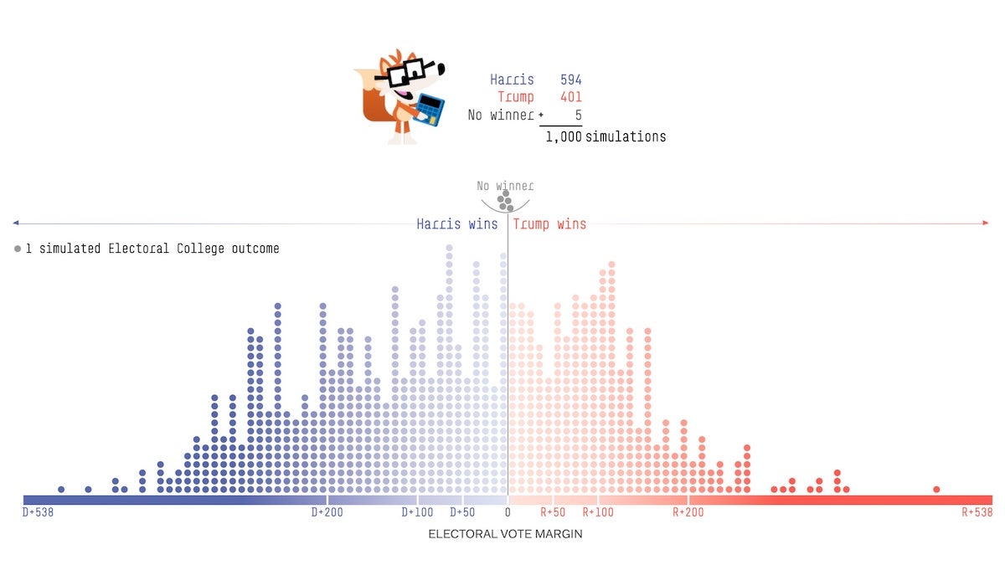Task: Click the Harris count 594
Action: (x=570, y=80)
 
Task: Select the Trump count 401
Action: (x=570, y=97)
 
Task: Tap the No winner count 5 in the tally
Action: (x=578, y=115)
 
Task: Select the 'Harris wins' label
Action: (x=457, y=224)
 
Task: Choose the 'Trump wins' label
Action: (x=549, y=224)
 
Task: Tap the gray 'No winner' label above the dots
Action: (x=505, y=186)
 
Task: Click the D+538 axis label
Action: (x=38, y=512)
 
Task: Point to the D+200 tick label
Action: (x=327, y=512)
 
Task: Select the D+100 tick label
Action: (x=418, y=512)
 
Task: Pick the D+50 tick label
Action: (x=462, y=512)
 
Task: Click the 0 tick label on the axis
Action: (x=507, y=512)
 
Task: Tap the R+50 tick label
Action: (x=553, y=512)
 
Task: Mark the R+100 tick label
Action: (x=598, y=512)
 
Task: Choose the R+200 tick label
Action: (x=688, y=512)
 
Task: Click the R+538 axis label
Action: (x=977, y=512)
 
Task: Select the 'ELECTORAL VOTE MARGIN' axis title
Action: (x=505, y=534)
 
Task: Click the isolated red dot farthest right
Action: (x=936, y=490)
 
